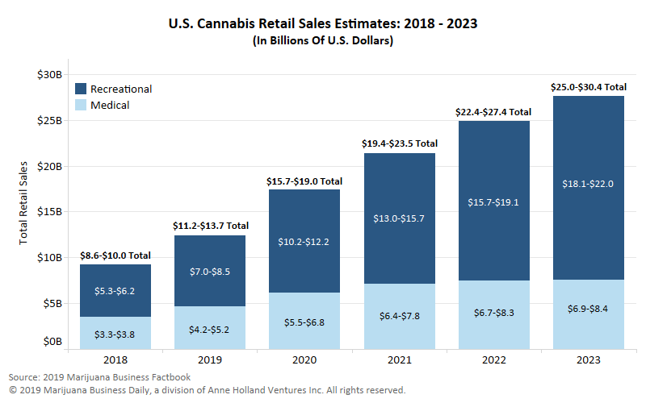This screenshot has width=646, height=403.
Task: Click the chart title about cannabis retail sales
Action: click(x=322, y=23)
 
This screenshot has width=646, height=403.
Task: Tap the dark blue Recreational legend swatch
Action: click(x=81, y=89)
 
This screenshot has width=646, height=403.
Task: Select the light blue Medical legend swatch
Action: click(x=81, y=105)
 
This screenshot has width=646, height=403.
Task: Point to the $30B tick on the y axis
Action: click(x=50, y=74)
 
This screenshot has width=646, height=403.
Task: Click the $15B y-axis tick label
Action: click(x=50, y=212)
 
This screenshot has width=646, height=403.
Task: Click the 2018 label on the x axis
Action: click(x=115, y=359)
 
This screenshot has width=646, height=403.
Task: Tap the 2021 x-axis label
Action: click(x=400, y=359)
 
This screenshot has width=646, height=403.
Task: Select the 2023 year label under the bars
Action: click(x=589, y=359)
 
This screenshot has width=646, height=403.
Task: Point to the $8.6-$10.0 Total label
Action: click(x=115, y=256)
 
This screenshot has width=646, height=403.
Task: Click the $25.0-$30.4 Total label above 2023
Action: click(x=588, y=87)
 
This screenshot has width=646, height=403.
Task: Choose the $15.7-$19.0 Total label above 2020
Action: click(x=304, y=182)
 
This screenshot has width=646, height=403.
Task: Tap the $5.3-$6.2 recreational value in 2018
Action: click(x=115, y=291)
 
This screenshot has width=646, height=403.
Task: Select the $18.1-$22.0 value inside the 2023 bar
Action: click(x=588, y=184)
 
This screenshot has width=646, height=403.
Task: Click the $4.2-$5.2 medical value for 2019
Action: click(x=209, y=329)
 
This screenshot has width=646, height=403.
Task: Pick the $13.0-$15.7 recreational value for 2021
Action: click(x=399, y=218)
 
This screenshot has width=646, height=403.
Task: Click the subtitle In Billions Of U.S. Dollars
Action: click(x=322, y=40)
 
